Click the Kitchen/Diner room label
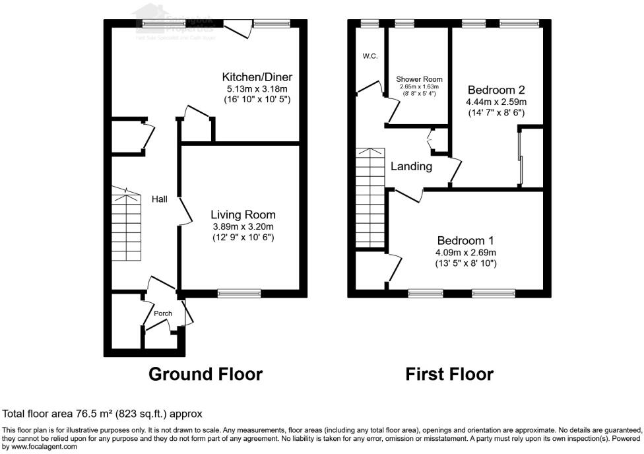click(257, 77)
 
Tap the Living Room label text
click(243, 214)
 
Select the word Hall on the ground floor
click(160, 199)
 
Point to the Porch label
click(163, 313)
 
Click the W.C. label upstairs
click(370, 56)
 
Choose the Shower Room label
click(419, 80)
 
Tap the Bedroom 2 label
click(496, 90)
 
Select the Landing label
click(411, 166)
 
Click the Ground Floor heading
click(205, 374)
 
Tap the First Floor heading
click(449, 374)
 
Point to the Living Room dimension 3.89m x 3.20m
click(243, 226)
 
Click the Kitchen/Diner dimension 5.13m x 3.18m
click(257, 88)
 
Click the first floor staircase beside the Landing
click(370, 198)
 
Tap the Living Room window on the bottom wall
click(239, 294)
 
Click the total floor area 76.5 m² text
click(102, 414)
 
